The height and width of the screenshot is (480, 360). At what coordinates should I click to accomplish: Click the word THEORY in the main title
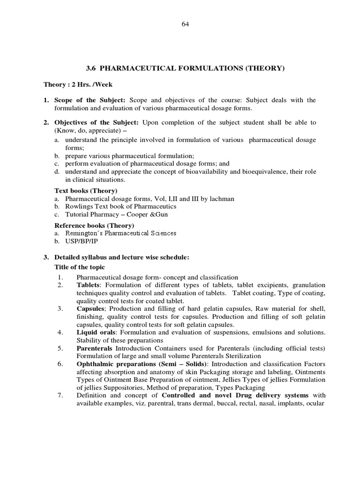coord(265,68)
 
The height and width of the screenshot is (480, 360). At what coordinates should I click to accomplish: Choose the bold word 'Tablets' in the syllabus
coord(88,285)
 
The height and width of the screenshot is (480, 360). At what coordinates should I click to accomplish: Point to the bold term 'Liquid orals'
coord(94,332)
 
